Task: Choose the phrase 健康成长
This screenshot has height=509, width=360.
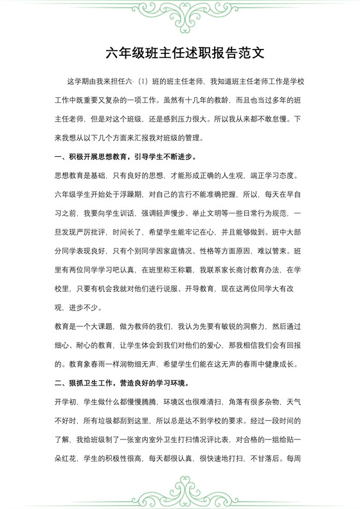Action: (x=283, y=364)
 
